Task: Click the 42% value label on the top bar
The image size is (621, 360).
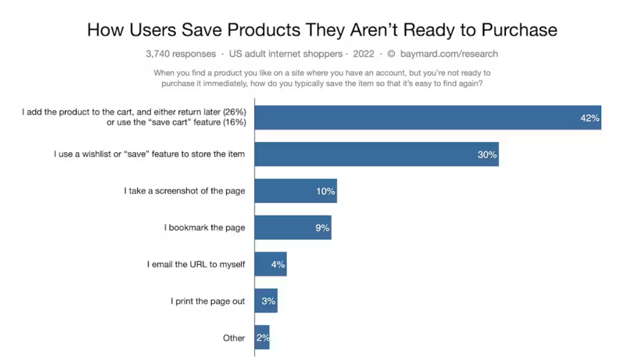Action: pyautogui.click(x=589, y=118)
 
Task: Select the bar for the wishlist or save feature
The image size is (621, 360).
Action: pyautogui.click(x=376, y=154)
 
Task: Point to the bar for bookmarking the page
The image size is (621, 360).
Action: pyautogui.click(x=292, y=228)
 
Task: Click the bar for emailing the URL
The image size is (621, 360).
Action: pyautogui.click(x=269, y=264)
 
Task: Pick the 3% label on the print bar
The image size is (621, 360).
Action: pyautogui.click(x=268, y=301)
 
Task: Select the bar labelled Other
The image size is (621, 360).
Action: pyautogui.click(x=261, y=338)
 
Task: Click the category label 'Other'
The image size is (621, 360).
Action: pyautogui.click(x=234, y=338)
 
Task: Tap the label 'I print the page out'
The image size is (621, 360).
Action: pyautogui.click(x=207, y=301)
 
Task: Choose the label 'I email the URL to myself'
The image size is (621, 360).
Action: pyautogui.click(x=196, y=264)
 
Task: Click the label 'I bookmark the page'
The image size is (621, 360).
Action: pyautogui.click(x=205, y=228)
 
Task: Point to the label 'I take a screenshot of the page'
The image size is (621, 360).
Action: pyautogui.click(x=185, y=191)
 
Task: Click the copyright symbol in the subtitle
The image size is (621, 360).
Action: pyautogui.click(x=391, y=54)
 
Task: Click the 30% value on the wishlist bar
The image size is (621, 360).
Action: pyautogui.click(x=487, y=154)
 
